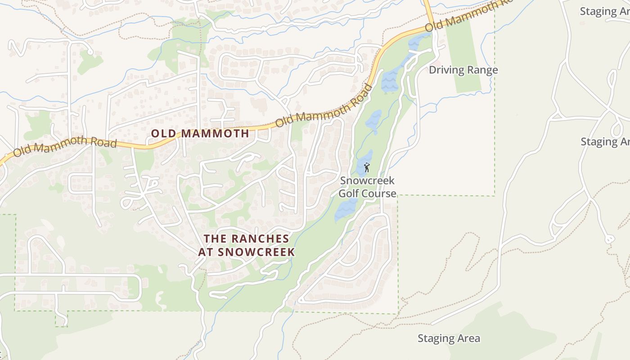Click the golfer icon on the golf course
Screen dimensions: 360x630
tap(367, 168)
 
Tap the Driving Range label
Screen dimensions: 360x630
tap(463, 70)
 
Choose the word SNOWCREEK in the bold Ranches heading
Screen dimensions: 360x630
tap(256, 252)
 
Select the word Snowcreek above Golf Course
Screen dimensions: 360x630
tap(367, 180)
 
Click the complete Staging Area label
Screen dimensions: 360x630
tap(449, 338)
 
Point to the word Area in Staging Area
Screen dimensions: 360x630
tap(469, 338)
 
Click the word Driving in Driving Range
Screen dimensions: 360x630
tap(445, 70)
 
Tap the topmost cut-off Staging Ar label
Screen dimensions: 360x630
tap(604, 11)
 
